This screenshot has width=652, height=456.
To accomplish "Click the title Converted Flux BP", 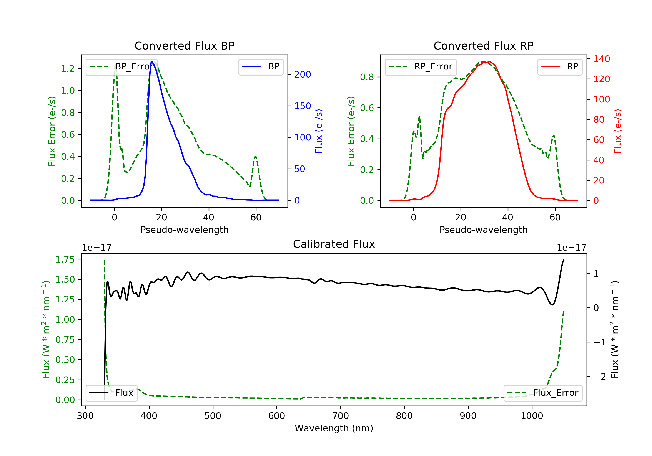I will tap(184, 46).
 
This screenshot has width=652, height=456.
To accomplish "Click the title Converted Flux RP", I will tap(483, 46).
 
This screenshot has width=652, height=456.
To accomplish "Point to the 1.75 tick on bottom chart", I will tap(65, 259).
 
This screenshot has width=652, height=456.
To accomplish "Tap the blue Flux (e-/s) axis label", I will tap(319, 131).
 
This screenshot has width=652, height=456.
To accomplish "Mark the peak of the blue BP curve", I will tap(152, 62).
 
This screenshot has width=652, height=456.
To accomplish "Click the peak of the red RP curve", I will tap(490, 62).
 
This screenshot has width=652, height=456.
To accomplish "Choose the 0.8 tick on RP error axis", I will tap(367, 77).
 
